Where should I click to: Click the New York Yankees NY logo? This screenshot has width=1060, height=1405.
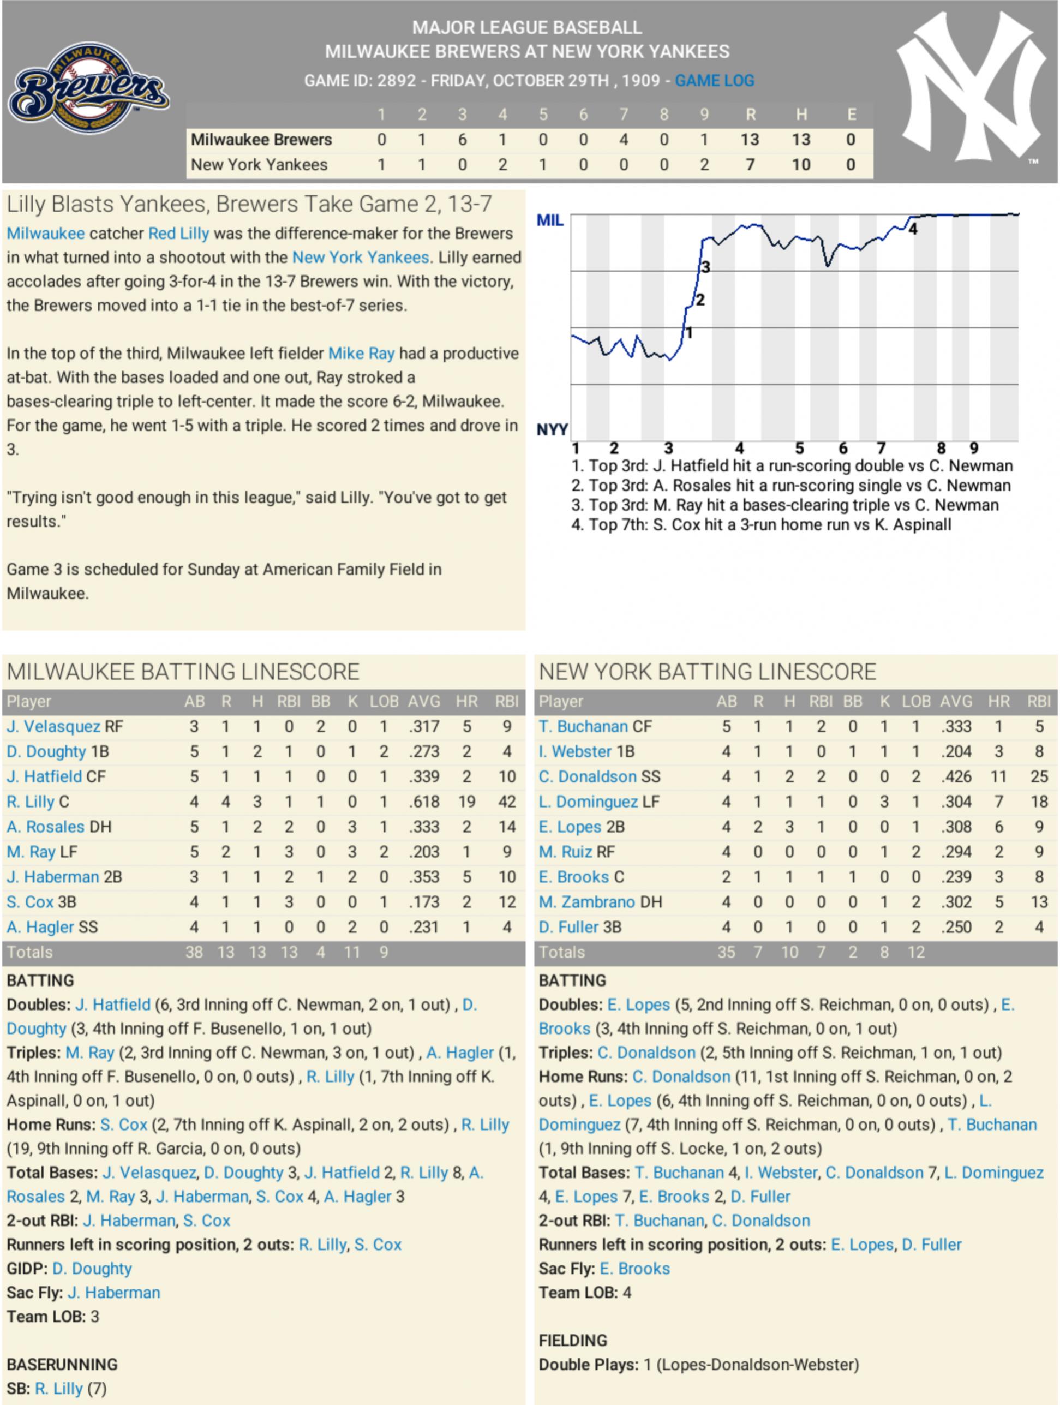(972, 86)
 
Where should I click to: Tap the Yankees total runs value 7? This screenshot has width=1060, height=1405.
(750, 165)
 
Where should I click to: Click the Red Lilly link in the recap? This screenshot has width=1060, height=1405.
(178, 233)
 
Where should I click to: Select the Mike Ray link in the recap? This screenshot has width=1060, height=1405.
(361, 353)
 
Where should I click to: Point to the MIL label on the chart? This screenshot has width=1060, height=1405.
(549, 220)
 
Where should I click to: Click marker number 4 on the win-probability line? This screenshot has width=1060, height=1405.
(913, 229)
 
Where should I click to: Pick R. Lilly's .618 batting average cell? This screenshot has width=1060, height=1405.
(424, 802)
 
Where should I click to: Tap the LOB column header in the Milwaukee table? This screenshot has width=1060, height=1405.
(384, 701)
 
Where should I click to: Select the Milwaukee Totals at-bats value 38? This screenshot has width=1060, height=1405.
(194, 952)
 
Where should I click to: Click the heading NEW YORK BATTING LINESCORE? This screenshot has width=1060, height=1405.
(707, 671)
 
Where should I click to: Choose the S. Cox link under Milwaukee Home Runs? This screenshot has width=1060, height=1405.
(124, 1124)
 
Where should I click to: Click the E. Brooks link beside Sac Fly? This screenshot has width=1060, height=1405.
(634, 1269)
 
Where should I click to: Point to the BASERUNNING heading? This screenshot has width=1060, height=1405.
(62, 1364)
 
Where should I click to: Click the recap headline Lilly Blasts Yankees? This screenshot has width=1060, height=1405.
(249, 204)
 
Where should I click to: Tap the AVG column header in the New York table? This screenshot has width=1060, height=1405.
(955, 701)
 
